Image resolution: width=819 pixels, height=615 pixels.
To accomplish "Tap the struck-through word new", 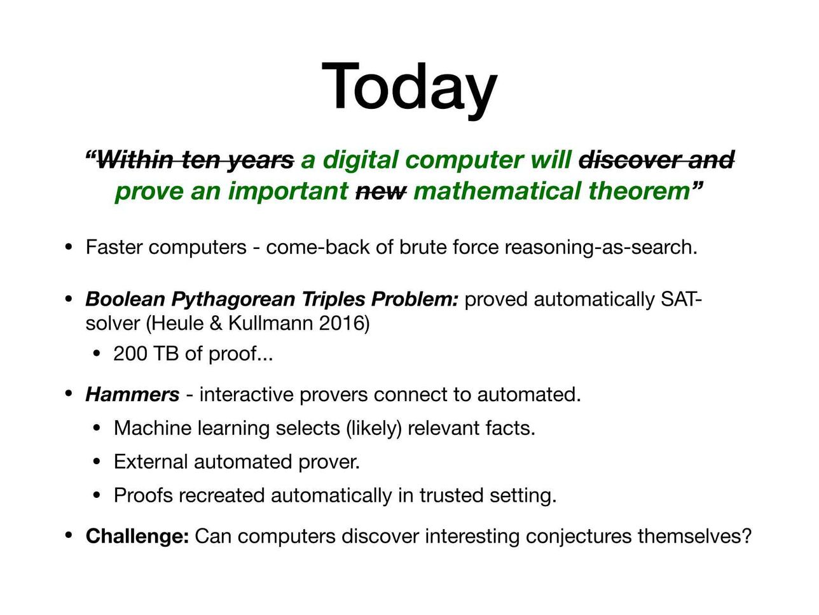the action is click(381, 191).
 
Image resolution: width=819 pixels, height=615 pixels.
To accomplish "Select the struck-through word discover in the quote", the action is click(630, 160).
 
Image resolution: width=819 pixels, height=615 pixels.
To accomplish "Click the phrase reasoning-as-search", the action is click(601, 248).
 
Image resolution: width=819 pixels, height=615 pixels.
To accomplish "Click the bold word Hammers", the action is click(132, 395).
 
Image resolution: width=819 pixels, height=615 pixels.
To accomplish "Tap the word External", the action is click(151, 462).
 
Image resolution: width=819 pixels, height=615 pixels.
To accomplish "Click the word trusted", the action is click(451, 495).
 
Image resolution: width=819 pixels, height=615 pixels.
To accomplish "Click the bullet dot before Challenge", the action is click(68, 536).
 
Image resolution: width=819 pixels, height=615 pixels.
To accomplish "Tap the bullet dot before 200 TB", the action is click(97, 353).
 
